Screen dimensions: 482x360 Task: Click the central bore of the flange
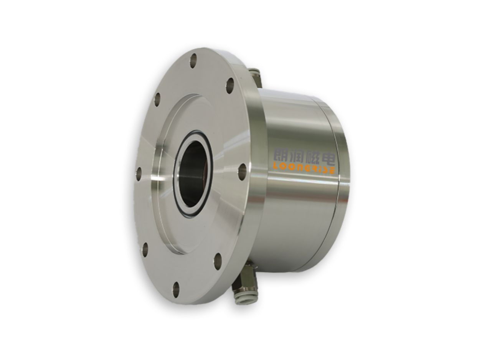point(193,173)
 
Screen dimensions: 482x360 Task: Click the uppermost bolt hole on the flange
point(193,61)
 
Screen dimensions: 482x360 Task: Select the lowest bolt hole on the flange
point(176,290)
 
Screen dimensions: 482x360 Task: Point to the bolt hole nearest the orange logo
point(242,172)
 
